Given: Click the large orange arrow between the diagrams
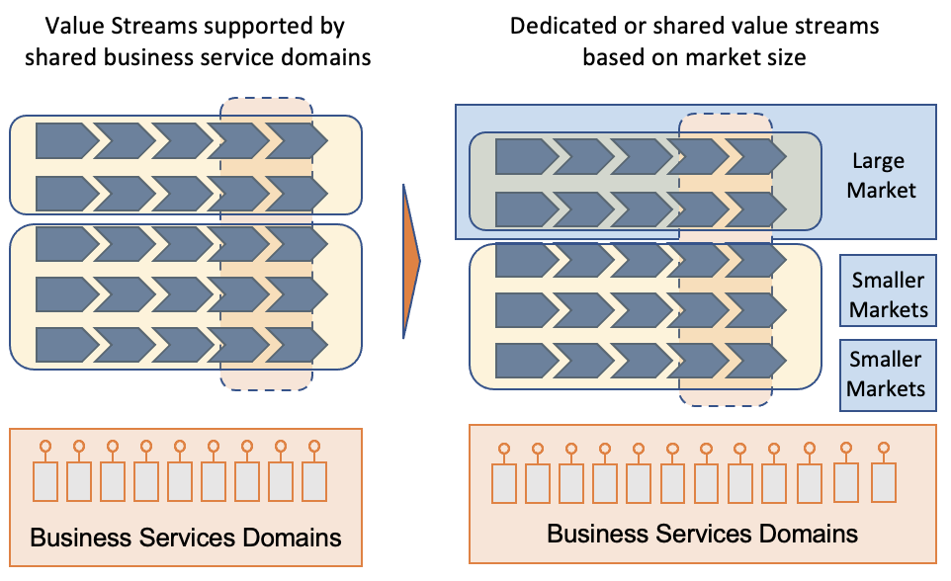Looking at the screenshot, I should tap(411, 262).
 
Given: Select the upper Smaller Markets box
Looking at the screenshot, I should tap(889, 294).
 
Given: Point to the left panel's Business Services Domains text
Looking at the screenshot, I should tap(185, 538).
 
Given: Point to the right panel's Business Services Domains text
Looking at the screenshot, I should tap(702, 534).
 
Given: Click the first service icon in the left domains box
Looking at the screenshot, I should tap(44, 473).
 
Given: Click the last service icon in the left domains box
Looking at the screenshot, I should tap(314, 473).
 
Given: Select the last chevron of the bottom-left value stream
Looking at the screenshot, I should tap(296, 345).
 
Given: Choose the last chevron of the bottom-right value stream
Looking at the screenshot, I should tap(755, 359).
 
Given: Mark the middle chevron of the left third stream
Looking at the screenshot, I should tap(181, 243).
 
